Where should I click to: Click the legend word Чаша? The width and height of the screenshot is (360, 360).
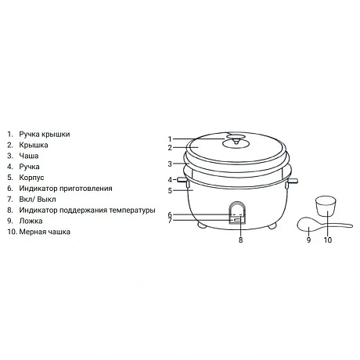(29, 156)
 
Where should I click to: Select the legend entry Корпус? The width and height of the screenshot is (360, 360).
(31, 178)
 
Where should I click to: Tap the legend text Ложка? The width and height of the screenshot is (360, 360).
(31, 221)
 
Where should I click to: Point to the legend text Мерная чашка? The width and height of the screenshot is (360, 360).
(45, 232)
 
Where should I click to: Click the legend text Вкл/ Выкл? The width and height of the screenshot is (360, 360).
(38, 200)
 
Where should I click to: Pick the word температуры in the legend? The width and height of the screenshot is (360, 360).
(132, 211)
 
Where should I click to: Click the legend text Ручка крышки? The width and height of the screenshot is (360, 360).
(45, 135)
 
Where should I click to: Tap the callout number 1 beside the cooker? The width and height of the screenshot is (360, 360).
(170, 139)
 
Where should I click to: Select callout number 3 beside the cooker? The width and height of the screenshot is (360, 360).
(170, 164)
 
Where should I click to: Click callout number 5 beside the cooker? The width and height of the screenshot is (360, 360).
(170, 191)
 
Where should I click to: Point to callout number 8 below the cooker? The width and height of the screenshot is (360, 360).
(240, 239)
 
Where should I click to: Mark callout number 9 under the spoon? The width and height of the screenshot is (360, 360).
(309, 239)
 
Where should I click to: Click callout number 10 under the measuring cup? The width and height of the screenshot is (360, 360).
(328, 239)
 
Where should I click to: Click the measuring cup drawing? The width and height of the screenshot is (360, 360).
(325, 206)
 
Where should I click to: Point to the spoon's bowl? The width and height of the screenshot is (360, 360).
(308, 225)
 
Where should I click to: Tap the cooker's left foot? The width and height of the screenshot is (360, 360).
(202, 225)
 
